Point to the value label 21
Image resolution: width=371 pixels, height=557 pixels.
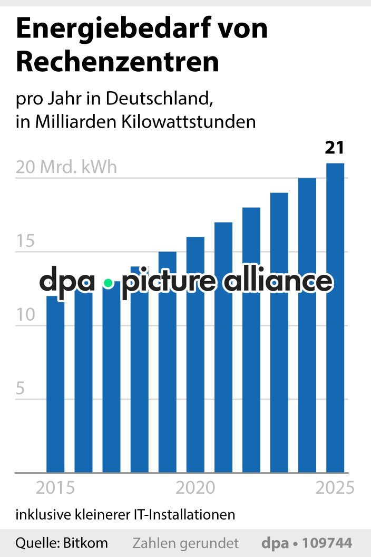pos(334,148)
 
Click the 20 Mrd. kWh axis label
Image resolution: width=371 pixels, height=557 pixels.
pos(66,167)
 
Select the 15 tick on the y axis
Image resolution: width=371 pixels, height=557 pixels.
pos(25,242)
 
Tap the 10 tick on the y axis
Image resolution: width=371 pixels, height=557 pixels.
pos(25,315)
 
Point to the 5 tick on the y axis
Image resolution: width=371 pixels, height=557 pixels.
pos(21,389)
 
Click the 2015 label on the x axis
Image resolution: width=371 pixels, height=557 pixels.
pos(55,488)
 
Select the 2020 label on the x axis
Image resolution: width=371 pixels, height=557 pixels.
pos(196,488)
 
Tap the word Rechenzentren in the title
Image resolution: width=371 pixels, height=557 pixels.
pos(118,62)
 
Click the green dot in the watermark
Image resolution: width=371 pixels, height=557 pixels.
pos(108,283)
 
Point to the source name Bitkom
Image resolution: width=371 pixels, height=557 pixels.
pos(85,543)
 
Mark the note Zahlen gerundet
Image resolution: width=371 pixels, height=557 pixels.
pos(185,543)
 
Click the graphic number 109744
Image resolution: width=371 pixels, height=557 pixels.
pos(328,543)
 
